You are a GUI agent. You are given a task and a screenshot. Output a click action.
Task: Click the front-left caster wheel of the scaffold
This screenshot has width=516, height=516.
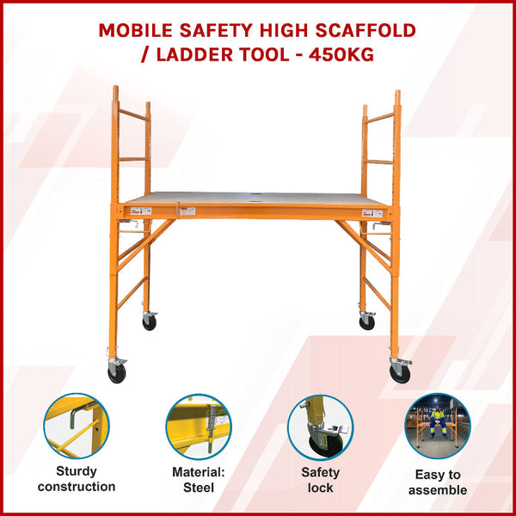tap(116, 373)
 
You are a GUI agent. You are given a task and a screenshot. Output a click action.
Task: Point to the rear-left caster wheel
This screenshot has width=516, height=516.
tap(150, 322)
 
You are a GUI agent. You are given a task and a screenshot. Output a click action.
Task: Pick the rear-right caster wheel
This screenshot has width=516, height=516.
tap(367, 322)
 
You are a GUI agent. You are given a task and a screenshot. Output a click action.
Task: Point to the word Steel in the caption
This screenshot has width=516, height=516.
tap(199, 487)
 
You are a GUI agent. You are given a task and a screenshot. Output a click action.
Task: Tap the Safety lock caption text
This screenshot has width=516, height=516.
tap(320, 480)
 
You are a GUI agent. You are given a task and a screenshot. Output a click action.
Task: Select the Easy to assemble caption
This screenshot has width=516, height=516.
tap(438, 482)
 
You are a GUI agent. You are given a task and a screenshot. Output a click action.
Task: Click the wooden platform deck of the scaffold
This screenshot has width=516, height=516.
tap(258, 198)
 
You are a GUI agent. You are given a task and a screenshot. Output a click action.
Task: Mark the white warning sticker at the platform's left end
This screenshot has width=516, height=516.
tap(142, 211)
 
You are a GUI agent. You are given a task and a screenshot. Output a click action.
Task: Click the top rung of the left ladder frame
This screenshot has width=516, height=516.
tap(132, 114)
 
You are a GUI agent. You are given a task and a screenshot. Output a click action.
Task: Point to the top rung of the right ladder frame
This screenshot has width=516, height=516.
tap(380, 116)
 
